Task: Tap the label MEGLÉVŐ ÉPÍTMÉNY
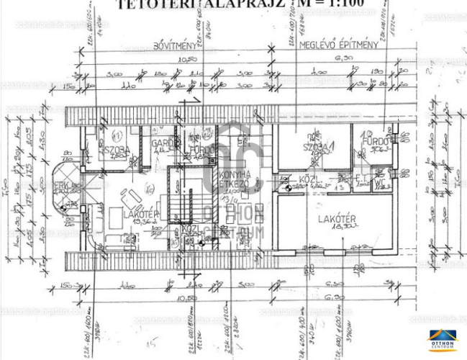340,45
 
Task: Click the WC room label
377,183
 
